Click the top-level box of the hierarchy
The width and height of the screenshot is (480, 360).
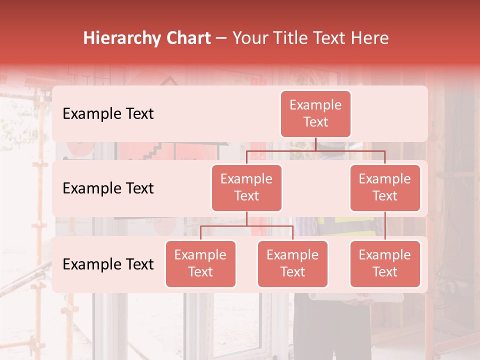(315, 113)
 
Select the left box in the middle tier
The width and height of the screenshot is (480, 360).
(246, 187)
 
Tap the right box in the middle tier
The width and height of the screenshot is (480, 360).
(385, 187)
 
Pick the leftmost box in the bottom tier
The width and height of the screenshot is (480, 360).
(200, 263)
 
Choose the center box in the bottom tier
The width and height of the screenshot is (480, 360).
(292, 263)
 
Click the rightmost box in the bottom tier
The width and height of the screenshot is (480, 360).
(385, 263)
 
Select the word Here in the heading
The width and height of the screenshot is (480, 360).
(370, 38)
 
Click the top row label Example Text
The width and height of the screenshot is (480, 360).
(108, 113)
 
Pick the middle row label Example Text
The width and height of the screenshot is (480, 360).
(108, 188)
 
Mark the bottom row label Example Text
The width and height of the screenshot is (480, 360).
(108, 264)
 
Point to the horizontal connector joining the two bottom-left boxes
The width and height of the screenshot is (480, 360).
(246, 226)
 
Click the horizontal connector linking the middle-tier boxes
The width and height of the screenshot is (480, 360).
(315, 150)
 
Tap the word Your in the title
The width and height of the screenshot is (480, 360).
(249, 38)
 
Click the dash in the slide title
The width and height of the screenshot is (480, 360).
(221, 38)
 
